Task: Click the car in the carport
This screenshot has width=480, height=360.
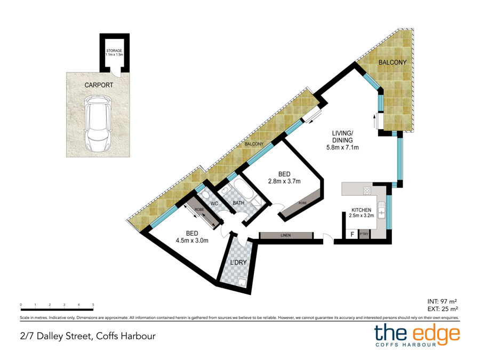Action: click(x=98, y=123)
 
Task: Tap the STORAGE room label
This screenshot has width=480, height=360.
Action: click(x=114, y=51)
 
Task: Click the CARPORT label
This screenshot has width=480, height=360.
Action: click(x=99, y=85)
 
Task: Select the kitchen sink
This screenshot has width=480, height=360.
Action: click(x=382, y=210)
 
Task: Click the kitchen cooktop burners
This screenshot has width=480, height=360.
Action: click(x=367, y=191)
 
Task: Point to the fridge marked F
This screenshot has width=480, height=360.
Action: click(x=353, y=235)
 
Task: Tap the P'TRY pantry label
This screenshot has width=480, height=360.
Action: click(x=364, y=234)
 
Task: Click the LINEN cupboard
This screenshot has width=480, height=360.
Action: click(x=286, y=235)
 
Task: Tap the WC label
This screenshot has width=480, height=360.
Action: click(x=214, y=204)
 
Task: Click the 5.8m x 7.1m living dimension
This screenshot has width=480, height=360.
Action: click(x=342, y=147)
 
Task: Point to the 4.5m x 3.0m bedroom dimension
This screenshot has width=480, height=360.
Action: click(x=192, y=241)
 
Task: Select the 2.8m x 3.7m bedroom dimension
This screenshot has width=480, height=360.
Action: click(x=284, y=181)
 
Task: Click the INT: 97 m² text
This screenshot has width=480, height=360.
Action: click(x=442, y=302)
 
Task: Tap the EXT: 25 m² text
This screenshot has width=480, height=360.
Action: click(x=443, y=309)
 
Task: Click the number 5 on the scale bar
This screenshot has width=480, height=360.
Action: click(x=93, y=305)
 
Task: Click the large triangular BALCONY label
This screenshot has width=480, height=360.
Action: click(x=393, y=62)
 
